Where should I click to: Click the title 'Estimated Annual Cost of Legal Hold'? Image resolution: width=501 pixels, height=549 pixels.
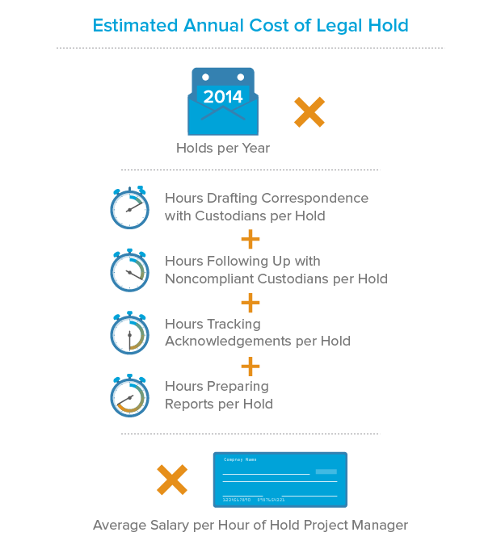250,25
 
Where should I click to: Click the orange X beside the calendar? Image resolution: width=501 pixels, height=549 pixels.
309,112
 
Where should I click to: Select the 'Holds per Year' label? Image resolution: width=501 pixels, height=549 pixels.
223,149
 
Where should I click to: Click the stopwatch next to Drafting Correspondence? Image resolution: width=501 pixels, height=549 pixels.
129,207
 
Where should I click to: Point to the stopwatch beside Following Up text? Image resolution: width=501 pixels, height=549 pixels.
129,270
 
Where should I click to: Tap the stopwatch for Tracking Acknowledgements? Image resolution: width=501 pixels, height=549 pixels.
129,333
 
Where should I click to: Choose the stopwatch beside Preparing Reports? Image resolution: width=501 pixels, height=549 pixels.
129,396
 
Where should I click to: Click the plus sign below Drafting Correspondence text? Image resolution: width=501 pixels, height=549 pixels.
250,240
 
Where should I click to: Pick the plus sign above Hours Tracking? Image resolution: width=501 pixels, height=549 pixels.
250,303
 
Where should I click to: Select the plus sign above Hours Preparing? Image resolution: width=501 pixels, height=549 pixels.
250,365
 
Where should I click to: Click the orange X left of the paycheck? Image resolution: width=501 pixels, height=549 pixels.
172,480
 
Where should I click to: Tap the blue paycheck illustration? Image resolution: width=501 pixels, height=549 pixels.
280,480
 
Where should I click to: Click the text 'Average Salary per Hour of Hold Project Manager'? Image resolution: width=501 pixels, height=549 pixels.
250,526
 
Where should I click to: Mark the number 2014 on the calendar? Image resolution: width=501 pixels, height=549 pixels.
222,98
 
